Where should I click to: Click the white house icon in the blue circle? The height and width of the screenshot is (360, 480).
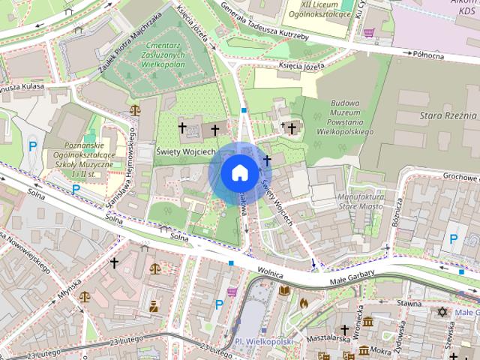(x=239, y=172)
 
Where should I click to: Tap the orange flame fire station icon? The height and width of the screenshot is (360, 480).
(x=304, y=303)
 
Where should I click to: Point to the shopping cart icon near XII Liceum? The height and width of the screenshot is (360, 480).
(x=368, y=32)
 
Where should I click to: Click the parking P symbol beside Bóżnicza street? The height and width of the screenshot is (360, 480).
(x=453, y=239)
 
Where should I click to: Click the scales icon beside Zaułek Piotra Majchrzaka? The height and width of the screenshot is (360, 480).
(x=134, y=109)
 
